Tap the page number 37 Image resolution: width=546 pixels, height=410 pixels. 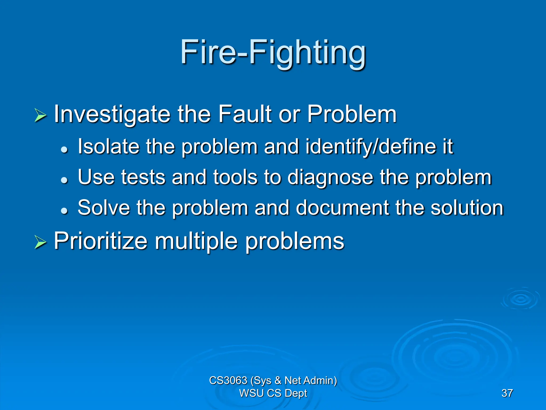click(x=507, y=393)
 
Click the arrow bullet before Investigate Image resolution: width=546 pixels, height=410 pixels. click(x=40, y=116)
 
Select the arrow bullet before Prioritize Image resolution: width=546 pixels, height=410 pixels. click(x=40, y=243)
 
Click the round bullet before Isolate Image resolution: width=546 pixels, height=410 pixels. click(x=64, y=149)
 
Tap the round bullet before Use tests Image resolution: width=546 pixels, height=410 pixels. click(x=64, y=180)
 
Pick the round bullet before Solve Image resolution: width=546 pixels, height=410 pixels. click(x=64, y=211)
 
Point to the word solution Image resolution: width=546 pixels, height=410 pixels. click(x=467, y=208)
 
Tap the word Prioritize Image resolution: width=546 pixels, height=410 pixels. click(x=101, y=241)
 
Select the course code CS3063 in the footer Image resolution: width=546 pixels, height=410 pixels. click(x=228, y=380)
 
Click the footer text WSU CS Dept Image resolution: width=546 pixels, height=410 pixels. click(x=273, y=393)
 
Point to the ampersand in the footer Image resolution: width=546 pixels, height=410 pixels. click(x=278, y=380)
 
